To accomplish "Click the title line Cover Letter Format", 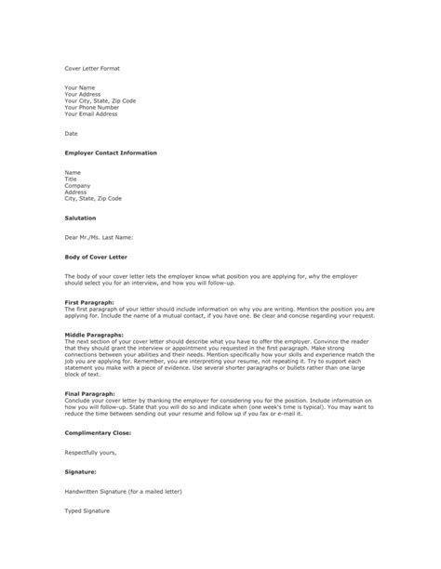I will [92, 68].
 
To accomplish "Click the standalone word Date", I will [71, 133].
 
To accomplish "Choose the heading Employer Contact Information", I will [111, 152].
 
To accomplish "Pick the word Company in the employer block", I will [77, 185].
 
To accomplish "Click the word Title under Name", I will [71, 179].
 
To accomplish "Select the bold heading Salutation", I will [81, 218].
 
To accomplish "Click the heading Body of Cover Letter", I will [96, 256].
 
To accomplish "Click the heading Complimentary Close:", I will [98, 433].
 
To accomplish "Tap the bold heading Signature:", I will [82, 472].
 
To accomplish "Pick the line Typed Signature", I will [87, 511].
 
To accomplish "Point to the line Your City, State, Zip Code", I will [101, 100].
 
